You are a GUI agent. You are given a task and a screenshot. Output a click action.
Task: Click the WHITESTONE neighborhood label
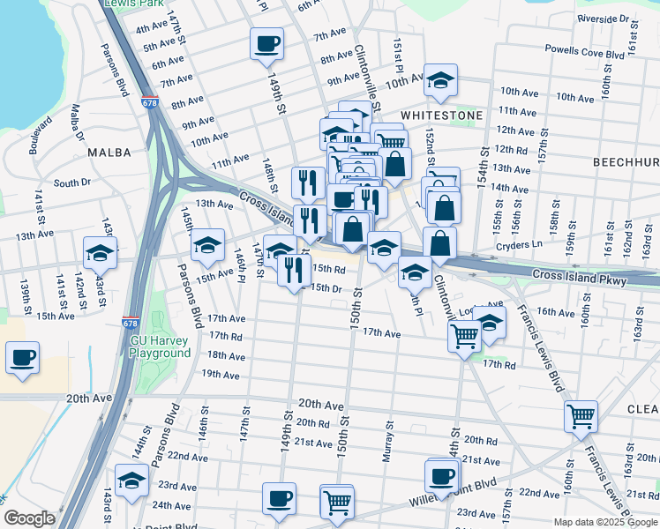pyautogui.click(x=441, y=115)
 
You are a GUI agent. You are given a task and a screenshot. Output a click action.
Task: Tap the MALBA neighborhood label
pyautogui.click(x=109, y=153)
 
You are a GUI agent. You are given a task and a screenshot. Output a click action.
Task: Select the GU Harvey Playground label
pyautogui.click(x=161, y=346)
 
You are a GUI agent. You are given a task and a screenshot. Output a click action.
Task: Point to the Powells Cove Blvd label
pyautogui.click(x=585, y=53)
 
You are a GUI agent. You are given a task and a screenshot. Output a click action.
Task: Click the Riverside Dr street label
pyautogui.click(x=602, y=19)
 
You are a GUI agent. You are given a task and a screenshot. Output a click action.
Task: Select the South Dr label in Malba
pyautogui.click(x=72, y=183)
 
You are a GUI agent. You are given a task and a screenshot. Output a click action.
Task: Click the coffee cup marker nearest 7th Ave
pyautogui.click(x=266, y=44)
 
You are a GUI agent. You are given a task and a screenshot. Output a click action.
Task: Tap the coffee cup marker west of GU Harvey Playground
pyautogui.click(x=22, y=358)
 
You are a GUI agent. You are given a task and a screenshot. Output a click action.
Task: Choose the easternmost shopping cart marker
pyautogui.click(x=581, y=416)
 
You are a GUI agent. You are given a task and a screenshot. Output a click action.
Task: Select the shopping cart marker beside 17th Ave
pyautogui.click(x=464, y=336)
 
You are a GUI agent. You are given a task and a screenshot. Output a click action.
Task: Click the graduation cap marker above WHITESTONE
pyautogui.click(x=439, y=80)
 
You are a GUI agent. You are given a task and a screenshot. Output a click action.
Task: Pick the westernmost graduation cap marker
pyautogui.click(x=101, y=252)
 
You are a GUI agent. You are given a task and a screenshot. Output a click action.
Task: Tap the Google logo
pyautogui.click(x=29, y=519)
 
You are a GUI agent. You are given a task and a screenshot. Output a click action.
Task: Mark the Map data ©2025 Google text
pyautogui.click(x=604, y=522)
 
